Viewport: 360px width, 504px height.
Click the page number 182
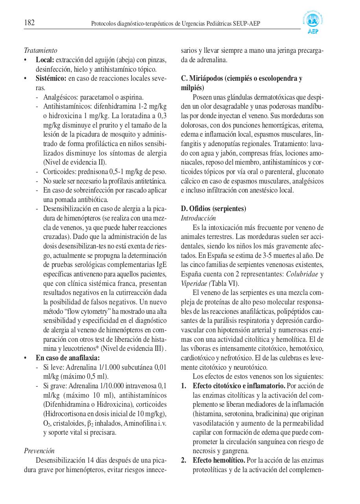[x=30, y=23]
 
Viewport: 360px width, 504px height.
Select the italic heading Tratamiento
[x=41, y=50]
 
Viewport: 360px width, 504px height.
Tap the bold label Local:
[x=45, y=60]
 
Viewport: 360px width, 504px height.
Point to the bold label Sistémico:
[x=51, y=78]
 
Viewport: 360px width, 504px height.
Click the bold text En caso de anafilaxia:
[x=68, y=358]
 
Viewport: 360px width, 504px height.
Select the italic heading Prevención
[x=39, y=451]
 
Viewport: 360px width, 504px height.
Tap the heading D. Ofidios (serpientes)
[x=213, y=208]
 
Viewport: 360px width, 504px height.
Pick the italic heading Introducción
[x=198, y=218]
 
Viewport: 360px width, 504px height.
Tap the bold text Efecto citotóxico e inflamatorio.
[x=239, y=385]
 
